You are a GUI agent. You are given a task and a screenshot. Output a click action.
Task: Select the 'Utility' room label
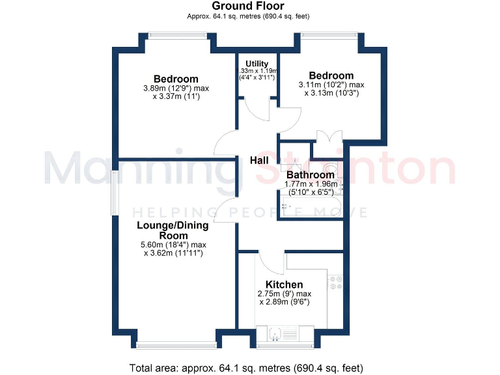pos(257,63)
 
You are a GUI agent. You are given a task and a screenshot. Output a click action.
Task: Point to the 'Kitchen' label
pos(284,285)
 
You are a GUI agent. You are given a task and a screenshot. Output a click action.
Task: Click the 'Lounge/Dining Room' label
pos(173,230)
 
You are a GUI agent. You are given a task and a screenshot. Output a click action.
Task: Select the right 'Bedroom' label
pos(331,76)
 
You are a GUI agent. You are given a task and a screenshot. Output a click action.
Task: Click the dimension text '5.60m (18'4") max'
pos(173,245)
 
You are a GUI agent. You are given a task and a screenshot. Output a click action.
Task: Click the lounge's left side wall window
pos(113,193)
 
